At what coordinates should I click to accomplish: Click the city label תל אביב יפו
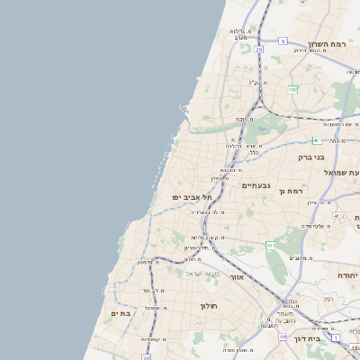click(x=193, y=196)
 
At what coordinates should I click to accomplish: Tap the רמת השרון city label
click(x=326, y=44)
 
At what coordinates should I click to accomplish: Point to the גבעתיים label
click(x=257, y=184)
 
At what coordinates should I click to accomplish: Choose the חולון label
click(x=208, y=306)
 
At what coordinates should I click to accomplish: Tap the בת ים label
click(x=121, y=313)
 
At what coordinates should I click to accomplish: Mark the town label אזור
click(x=237, y=277)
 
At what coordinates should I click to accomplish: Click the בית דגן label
click(x=307, y=338)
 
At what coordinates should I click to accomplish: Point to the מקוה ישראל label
click(x=202, y=273)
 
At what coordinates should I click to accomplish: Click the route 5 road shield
click(x=282, y=40)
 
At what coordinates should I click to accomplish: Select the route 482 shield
click(x=292, y=89)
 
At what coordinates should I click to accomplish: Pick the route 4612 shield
click(x=338, y=216)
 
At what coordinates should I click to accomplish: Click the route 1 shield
click(x=335, y=337)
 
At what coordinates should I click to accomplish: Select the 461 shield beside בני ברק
click(x=316, y=140)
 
